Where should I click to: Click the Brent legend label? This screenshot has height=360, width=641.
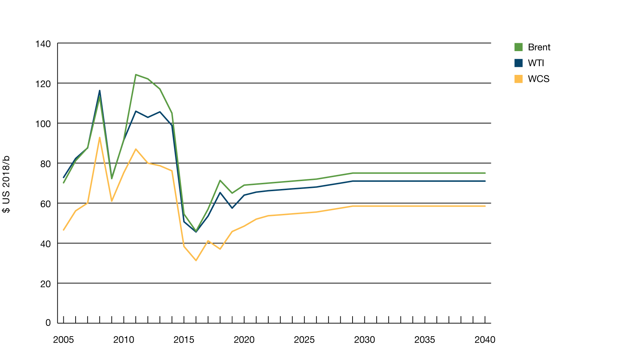point(539,47)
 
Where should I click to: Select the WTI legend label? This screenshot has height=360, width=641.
point(536,63)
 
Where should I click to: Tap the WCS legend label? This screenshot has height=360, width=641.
point(538,79)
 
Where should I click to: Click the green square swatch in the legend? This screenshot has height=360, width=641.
point(518,47)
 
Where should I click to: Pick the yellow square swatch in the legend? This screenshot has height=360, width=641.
point(518,79)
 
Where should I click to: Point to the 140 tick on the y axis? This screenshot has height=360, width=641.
point(43,44)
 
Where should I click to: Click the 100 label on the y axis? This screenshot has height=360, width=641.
point(43,124)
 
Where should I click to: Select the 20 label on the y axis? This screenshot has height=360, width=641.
point(45,284)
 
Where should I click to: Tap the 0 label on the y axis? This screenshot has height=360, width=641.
point(48,323)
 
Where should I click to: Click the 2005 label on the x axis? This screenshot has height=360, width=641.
point(63,340)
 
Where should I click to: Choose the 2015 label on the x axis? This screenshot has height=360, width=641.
point(184,340)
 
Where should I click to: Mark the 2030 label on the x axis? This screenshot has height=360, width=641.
point(364,340)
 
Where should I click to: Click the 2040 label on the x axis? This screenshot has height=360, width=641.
point(485,340)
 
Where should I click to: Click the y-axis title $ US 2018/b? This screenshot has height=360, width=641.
point(6,184)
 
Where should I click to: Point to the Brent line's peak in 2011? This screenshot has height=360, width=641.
point(136,75)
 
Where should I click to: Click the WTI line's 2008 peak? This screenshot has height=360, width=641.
point(100,90)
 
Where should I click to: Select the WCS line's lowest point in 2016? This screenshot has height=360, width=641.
point(196,260)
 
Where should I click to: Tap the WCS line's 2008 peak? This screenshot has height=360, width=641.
point(100,138)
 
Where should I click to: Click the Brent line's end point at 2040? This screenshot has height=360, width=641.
point(485,173)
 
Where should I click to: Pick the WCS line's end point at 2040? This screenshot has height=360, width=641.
point(485,206)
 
